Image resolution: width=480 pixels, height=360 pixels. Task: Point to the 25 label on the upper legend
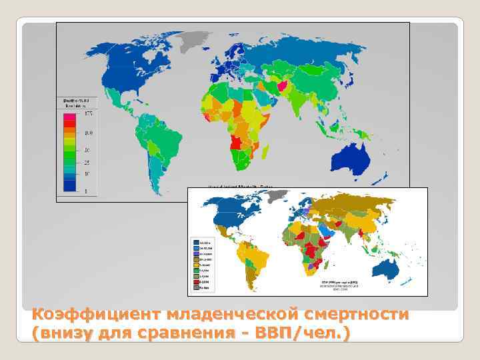[x=87, y=163]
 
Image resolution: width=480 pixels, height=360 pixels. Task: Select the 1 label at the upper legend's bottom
[x=87, y=191]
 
